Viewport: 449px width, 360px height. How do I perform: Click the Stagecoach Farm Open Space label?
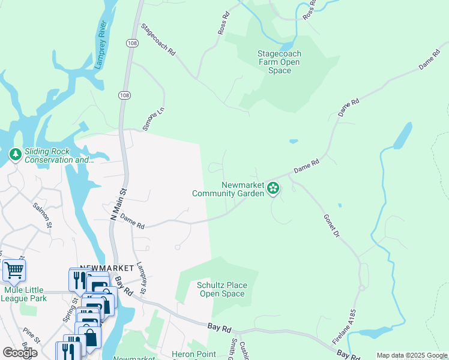point(279,62)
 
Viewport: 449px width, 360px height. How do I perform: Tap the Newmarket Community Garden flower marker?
point(273,189)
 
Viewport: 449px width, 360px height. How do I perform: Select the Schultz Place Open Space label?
point(221,289)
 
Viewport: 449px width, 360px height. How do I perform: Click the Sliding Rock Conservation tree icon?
point(15,155)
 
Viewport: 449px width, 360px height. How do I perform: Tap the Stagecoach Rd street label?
point(158,40)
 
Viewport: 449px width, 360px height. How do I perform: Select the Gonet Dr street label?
point(331,225)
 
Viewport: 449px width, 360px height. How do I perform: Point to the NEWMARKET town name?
point(105,268)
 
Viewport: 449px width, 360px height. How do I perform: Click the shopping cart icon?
point(14,270)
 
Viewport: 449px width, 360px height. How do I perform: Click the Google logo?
point(20,353)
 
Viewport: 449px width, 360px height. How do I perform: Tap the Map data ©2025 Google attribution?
point(412,355)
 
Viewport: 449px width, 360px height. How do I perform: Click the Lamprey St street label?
point(141,279)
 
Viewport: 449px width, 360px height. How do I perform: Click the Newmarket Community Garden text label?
point(228,189)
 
